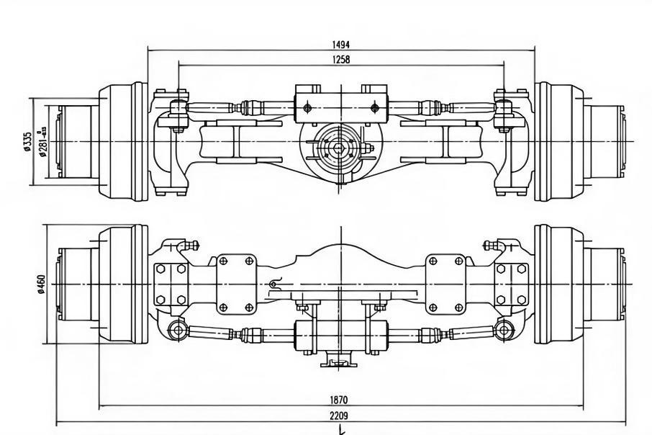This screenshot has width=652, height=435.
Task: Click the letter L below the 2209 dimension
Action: (x=342, y=430)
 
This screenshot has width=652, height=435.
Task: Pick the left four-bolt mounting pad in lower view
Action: (x=236, y=283)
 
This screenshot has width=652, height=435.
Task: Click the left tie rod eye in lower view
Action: (x=177, y=331)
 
